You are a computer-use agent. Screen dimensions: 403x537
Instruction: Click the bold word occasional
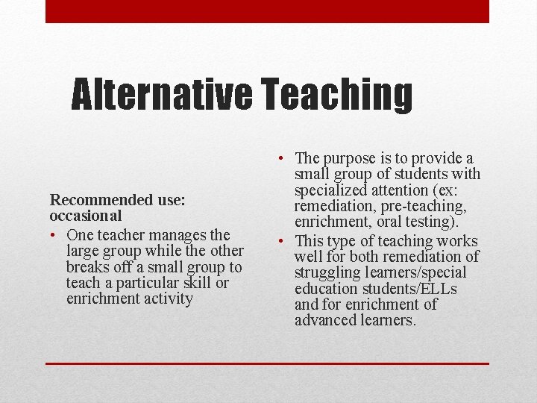coord(86,216)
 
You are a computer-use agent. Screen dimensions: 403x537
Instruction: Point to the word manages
coord(164,236)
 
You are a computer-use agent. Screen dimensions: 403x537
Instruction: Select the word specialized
coord(330,190)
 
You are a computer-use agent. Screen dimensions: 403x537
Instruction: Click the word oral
coord(387,221)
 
